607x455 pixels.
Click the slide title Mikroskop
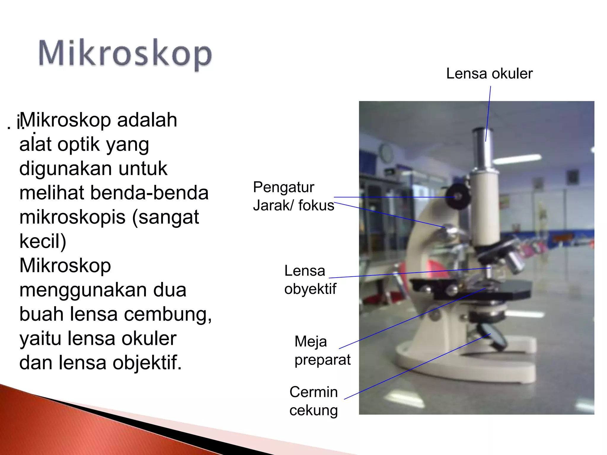125,54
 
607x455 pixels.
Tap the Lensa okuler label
489,73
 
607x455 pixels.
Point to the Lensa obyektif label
310,280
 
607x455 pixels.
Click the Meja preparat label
322,350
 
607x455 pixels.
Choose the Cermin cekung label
313,401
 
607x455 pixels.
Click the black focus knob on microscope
458,196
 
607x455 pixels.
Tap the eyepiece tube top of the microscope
483,132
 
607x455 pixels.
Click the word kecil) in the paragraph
43,241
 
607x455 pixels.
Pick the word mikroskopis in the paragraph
72,217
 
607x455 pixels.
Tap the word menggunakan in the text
103,290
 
